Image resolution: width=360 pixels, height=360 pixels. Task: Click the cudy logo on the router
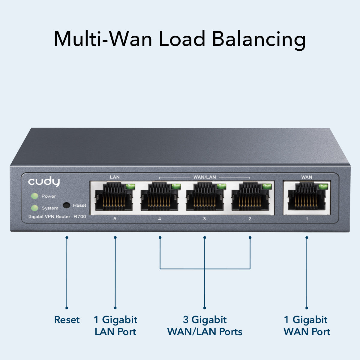pos(44,182)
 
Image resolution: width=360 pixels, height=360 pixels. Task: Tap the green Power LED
pos(35,196)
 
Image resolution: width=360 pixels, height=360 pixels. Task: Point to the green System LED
pos(35,208)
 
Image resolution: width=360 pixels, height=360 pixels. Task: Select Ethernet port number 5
pos(114,197)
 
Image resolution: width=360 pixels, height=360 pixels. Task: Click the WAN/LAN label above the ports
pos(204,177)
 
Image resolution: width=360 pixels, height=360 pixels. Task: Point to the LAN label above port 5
pos(115,177)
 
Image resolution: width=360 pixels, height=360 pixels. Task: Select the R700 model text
pos(80,217)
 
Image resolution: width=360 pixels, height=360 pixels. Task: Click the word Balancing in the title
pos(259,39)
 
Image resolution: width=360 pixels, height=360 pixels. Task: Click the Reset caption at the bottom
pos(67,320)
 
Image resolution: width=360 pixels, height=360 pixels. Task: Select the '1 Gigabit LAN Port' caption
pos(115,326)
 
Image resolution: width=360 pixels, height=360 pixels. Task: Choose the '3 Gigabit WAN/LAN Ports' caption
pos(205,326)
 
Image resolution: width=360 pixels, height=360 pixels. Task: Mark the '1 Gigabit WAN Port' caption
pos(307,326)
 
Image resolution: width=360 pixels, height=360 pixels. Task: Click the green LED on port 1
pos(323,187)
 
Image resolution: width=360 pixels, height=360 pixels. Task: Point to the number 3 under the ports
pos(204,219)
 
